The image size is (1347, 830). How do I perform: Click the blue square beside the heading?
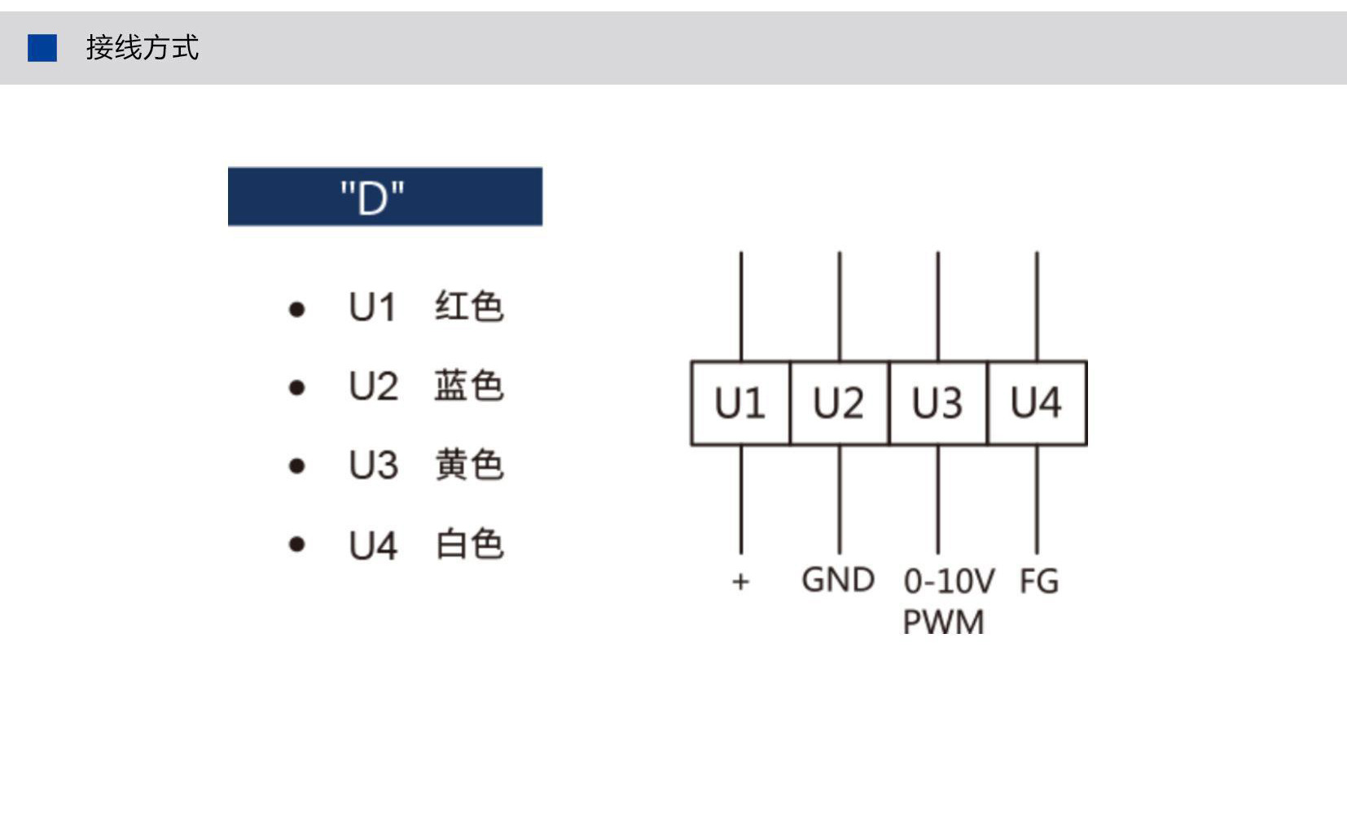tap(42, 47)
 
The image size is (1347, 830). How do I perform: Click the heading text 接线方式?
tap(142, 47)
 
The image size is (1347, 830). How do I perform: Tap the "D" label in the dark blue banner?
tap(372, 197)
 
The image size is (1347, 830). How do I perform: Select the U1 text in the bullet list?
tap(372, 307)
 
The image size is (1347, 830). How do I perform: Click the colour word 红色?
tap(469, 307)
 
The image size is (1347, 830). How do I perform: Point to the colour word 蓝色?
tap(469, 385)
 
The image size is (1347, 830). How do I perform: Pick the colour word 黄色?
tap(469, 465)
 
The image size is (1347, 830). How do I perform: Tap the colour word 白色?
tap(469, 544)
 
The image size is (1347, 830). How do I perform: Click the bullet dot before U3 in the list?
tap(296, 465)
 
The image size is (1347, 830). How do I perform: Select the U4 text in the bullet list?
tap(373, 545)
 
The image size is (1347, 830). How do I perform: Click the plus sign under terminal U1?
tap(741, 581)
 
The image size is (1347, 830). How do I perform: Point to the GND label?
tap(838, 580)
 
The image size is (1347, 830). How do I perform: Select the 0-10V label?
tap(950, 581)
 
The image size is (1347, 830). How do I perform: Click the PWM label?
tap(944, 621)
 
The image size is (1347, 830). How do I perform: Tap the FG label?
tap(1039, 581)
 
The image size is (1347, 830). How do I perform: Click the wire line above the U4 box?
tap(1037, 306)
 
